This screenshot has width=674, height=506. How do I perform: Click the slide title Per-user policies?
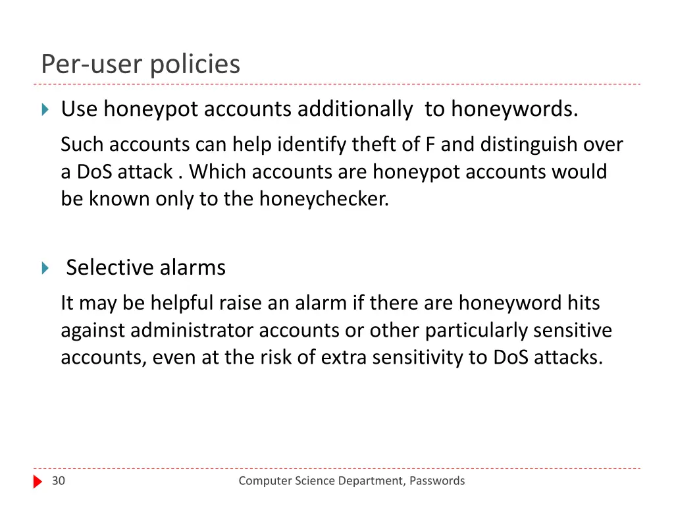coord(140,65)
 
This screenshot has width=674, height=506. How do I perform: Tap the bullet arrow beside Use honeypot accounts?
coord(45,109)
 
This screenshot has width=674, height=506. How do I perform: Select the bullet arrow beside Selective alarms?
coord(45,268)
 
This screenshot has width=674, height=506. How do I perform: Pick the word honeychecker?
coord(324,198)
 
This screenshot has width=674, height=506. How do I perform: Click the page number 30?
coord(59,481)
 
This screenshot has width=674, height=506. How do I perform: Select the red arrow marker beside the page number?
coord(38,482)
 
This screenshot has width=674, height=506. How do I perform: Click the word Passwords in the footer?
coord(437,481)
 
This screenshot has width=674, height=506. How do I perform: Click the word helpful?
coord(182,302)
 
